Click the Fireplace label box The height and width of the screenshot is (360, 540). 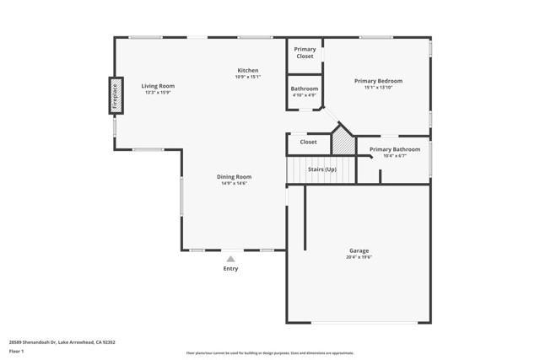pos(115,95)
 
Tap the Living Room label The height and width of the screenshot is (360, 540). pos(158,86)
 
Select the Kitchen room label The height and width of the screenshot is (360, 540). pos(247,70)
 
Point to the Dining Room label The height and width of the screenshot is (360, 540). pos(235,176)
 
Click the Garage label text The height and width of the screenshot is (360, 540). pos(359,250)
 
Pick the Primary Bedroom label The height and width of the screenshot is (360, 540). pos(378,81)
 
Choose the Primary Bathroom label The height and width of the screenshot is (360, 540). pos(395,149)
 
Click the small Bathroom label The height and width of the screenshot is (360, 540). pos(305,89)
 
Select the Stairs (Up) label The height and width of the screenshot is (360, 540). pos(321,169)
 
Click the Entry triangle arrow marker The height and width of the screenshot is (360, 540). pos(230,259)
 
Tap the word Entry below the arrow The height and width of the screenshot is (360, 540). pos(230,269)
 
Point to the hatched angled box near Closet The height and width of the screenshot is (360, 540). pos(342,142)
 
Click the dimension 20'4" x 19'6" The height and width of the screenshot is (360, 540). pos(359,257)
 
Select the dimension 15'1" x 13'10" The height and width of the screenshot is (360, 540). pos(378,88)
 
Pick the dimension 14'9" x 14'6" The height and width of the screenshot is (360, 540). pos(235,183)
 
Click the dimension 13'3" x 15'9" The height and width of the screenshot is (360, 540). pos(158,93)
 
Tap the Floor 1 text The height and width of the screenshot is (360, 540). pos(17,351)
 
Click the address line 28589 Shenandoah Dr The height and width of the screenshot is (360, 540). pos(62,342)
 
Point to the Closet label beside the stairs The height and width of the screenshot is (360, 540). pos(309,142)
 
